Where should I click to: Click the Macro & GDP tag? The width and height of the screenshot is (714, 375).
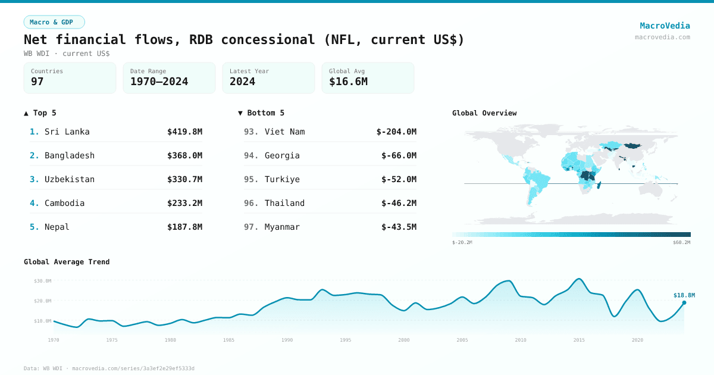pyautogui.click(x=54, y=22)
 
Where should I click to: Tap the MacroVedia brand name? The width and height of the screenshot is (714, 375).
pyautogui.click(x=665, y=26)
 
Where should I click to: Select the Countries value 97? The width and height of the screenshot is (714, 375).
pyautogui.click(x=37, y=82)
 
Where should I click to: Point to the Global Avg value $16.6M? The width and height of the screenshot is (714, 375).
pyautogui.click(x=348, y=82)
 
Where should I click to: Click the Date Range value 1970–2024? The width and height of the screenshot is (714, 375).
pyautogui.click(x=159, y=82)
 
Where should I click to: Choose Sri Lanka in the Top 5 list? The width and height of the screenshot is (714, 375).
pyautogui.click(x=67, y=132)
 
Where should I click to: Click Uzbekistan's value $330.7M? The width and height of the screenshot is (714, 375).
pyautogui.click(x=184, y=179)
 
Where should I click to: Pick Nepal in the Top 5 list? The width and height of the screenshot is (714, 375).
pyautogui.click(x=57, y=227)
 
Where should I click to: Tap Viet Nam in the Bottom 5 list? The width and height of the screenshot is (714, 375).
pyautogui.click(x=284, y=132)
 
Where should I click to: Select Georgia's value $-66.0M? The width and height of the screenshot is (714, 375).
pyautogui.click(x=399, y=155)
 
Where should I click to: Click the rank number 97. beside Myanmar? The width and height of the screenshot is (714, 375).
pyautogui.click(x=251, y=227)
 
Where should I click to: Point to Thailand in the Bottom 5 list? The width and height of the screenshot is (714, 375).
pyautogui.click(x=284, y=203)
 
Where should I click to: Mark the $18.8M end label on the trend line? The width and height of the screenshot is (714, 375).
pyautogui.click(x=684, y=295)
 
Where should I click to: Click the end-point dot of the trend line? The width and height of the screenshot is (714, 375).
pyautogui.click(x=684, y=302)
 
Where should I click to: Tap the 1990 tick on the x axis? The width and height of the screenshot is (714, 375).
pyautogui.click(x=287, y=340)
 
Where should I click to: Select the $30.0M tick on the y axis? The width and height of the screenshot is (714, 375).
pyautogui.click(x=42, y=280)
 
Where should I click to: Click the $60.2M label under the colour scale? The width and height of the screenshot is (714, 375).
pyautogui.click(x=681, y=243)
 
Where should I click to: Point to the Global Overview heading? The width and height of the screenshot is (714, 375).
pyautogui.click(x=484, y=113)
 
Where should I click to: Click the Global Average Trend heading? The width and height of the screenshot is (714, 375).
pyautogui.click(x=67, y=262)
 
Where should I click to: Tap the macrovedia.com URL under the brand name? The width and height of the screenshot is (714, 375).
pyautogui.click(x=662, y=37)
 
